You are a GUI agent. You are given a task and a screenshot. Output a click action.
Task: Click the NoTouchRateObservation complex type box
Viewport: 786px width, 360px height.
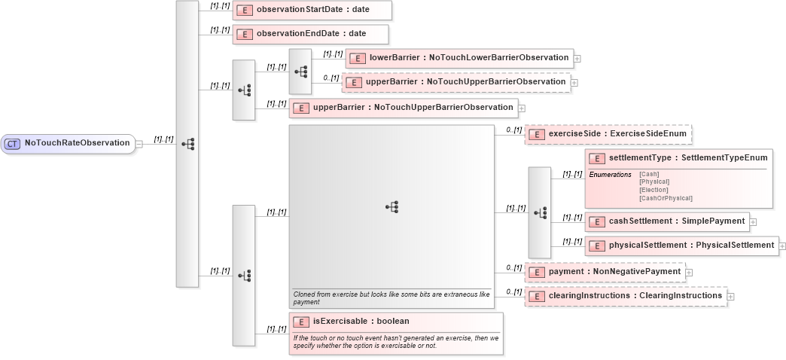pos(68,143)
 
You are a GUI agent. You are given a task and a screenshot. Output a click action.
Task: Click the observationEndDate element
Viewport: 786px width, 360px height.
pos(310,34)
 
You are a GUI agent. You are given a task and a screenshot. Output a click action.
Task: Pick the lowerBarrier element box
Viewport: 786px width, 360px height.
pos(458,57)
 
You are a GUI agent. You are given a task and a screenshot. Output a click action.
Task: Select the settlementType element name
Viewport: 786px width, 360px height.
pos(687,158)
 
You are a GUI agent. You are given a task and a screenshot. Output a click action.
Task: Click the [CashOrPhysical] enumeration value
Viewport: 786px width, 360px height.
pos(666,198)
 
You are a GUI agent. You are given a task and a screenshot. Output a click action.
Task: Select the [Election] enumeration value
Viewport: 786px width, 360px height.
pos(653,190)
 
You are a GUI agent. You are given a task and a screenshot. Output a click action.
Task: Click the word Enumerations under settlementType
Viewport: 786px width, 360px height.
pos(610,175)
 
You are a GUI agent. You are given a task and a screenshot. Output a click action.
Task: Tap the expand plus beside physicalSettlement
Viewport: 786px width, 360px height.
pos(782,246)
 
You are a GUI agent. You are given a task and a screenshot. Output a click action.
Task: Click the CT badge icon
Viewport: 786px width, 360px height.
pos(13,143)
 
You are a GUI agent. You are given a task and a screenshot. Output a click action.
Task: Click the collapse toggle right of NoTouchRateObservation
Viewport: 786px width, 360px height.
pos(139,144)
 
